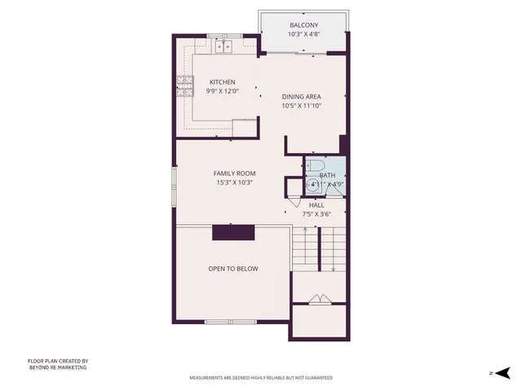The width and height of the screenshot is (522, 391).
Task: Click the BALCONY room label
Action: pos(303,26)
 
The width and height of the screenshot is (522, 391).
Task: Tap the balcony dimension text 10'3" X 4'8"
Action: pos(303,35)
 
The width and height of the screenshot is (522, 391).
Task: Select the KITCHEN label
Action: pos(222,82)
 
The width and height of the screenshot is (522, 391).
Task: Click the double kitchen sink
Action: pos(224,47)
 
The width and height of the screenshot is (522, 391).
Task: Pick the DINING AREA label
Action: pos(302,96)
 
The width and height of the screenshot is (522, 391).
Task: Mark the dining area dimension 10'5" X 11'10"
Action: pos(302,106)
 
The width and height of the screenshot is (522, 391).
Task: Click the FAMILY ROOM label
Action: pos(235,174)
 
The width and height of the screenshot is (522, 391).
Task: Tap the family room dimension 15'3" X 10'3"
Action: pos(235,183)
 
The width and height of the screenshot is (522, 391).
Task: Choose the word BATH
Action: pos(327,175)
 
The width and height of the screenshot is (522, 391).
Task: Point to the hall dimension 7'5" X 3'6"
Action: pos(316,214)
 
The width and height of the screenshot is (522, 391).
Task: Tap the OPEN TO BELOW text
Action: pos(233,268)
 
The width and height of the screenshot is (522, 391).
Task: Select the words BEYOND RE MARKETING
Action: pos(57,367)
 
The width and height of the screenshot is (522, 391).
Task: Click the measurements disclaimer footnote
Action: pos(261,379)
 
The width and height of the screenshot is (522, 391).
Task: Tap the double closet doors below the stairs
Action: pos(320,299)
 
